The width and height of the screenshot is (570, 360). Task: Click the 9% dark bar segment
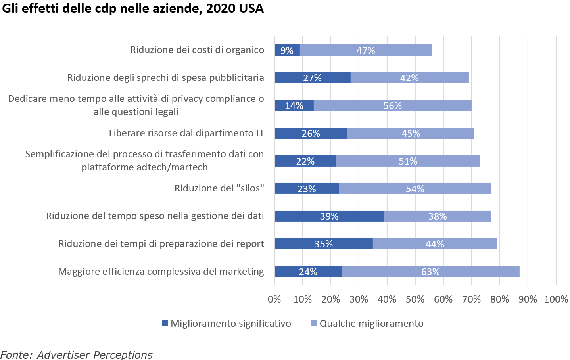(287, 50)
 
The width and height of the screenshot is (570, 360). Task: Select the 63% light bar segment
(430, 272)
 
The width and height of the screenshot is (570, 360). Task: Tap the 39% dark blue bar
(329, 216)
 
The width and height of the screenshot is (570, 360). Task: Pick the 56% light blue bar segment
(392, 105)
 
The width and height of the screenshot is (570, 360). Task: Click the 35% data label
(323, 244)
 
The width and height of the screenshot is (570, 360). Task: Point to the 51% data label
(408, 161)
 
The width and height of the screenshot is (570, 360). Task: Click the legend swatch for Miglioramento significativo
(165, 324)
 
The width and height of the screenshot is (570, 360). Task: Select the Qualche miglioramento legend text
(371, 324)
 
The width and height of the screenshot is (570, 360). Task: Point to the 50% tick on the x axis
(415, 299)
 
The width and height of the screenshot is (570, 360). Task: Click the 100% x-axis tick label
(556, 299)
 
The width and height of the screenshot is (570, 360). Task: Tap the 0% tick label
(274, 299)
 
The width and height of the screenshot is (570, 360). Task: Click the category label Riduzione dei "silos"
(219, 188)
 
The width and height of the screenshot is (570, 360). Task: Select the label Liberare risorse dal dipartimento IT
(186, 133)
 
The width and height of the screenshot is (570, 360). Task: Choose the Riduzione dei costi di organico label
(197, 50)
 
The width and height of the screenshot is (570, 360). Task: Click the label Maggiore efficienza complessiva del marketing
(161, 272)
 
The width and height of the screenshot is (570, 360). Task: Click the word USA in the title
(251, 8)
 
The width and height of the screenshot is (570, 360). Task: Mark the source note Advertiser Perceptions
(94, 354)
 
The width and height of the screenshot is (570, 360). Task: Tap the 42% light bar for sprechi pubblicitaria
(409, 78)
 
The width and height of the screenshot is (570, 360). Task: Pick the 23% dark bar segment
(307, 189)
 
